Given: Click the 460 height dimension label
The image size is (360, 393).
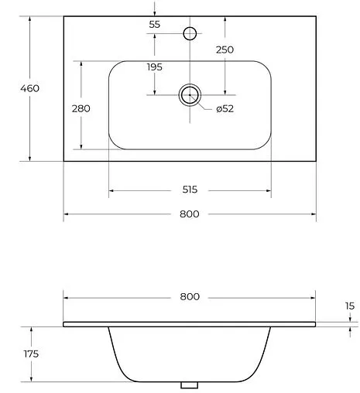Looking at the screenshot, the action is [30, 88].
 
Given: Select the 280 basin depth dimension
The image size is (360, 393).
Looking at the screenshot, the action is [81, 108].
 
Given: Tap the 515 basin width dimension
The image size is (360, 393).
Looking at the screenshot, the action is [190, 190].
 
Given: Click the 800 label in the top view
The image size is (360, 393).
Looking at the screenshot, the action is [190, 214].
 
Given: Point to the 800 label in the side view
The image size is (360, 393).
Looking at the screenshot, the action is [190, 297].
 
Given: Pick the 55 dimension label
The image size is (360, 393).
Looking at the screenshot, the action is [155, 25].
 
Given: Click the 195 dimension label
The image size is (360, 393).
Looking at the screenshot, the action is [155, 67].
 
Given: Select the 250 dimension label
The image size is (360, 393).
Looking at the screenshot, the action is [225, 50].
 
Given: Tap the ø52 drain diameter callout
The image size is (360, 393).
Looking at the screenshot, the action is [225, 108].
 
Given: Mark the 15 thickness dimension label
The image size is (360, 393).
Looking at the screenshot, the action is [350, 306].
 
